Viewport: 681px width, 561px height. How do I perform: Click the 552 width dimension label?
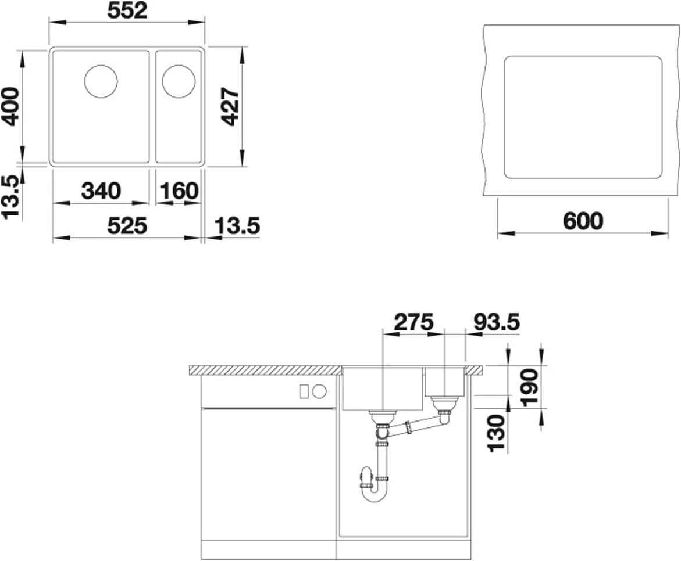[128, 11]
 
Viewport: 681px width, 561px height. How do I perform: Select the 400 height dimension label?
[10, 107]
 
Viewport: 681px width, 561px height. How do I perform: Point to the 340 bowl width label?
[101, 191]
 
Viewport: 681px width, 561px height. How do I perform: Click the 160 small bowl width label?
[179, 191]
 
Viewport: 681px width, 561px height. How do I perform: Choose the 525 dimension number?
[127, 225]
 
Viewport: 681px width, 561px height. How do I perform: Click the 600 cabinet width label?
[583, 221]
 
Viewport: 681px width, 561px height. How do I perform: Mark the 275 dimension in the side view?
[413, 322]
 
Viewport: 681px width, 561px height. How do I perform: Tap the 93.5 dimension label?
[497, 322]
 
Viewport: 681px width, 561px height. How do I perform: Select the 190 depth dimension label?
[529, 387]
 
